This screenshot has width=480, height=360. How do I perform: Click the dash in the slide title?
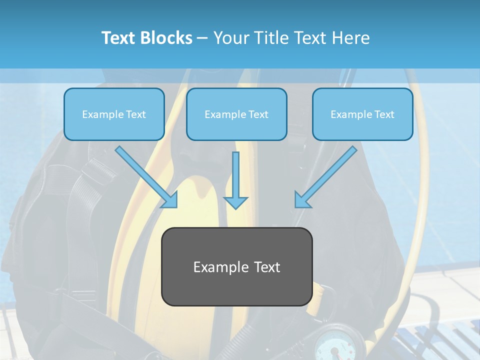(202, 38)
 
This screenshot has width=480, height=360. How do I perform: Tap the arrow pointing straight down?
(235, 180)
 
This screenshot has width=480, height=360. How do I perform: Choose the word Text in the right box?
(384, 114)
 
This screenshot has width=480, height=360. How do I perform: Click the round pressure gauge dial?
(332, 345)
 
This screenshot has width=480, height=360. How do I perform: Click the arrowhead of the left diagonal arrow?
(170, 200)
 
